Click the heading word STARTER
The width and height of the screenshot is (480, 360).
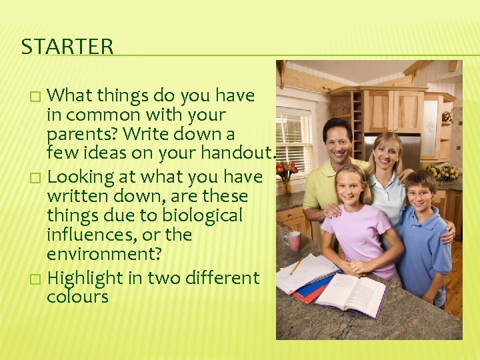coord(67,47)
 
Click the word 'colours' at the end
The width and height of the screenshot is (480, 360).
coord(77,296)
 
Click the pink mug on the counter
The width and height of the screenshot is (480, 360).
coord(291,241)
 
